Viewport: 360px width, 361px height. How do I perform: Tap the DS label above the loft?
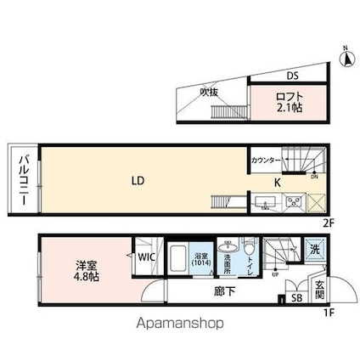tap(291, 76)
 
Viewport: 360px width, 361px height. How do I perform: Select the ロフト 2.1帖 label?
tap(288, 103)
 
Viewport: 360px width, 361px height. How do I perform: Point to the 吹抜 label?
tap(209, 93)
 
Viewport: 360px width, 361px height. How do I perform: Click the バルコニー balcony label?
tap(25, 179)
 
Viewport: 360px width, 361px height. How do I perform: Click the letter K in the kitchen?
tap(277, 182)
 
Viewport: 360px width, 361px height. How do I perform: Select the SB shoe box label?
tap(296, 298)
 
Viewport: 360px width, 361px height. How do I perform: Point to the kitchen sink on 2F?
tap(263, 202)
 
